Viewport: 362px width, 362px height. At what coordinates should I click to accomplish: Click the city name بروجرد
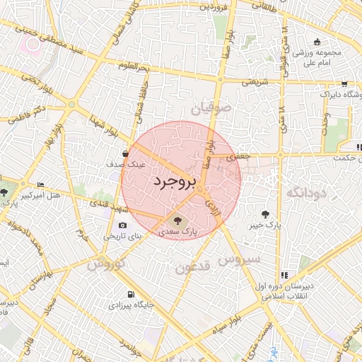pos(173,182)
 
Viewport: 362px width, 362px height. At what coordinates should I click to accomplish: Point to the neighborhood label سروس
pos(239,259)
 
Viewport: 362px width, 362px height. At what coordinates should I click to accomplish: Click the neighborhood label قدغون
pos(193,268)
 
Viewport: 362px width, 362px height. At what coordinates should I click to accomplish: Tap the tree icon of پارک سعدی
pos(177,220)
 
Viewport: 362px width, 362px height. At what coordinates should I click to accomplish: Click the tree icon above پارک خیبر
pos(265,214)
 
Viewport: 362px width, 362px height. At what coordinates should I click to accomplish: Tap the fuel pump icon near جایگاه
pos(129,294)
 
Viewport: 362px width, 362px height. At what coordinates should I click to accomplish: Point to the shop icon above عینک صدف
pos(125,153)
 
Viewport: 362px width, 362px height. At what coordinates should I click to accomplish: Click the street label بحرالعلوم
pos(135,66)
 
